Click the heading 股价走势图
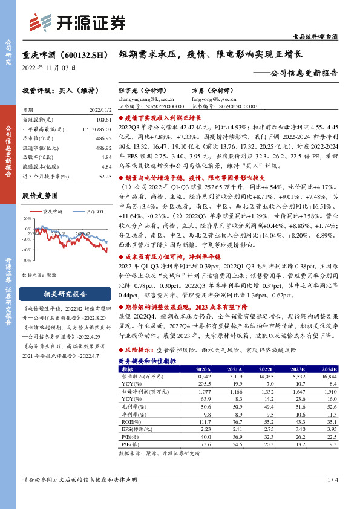40,196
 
